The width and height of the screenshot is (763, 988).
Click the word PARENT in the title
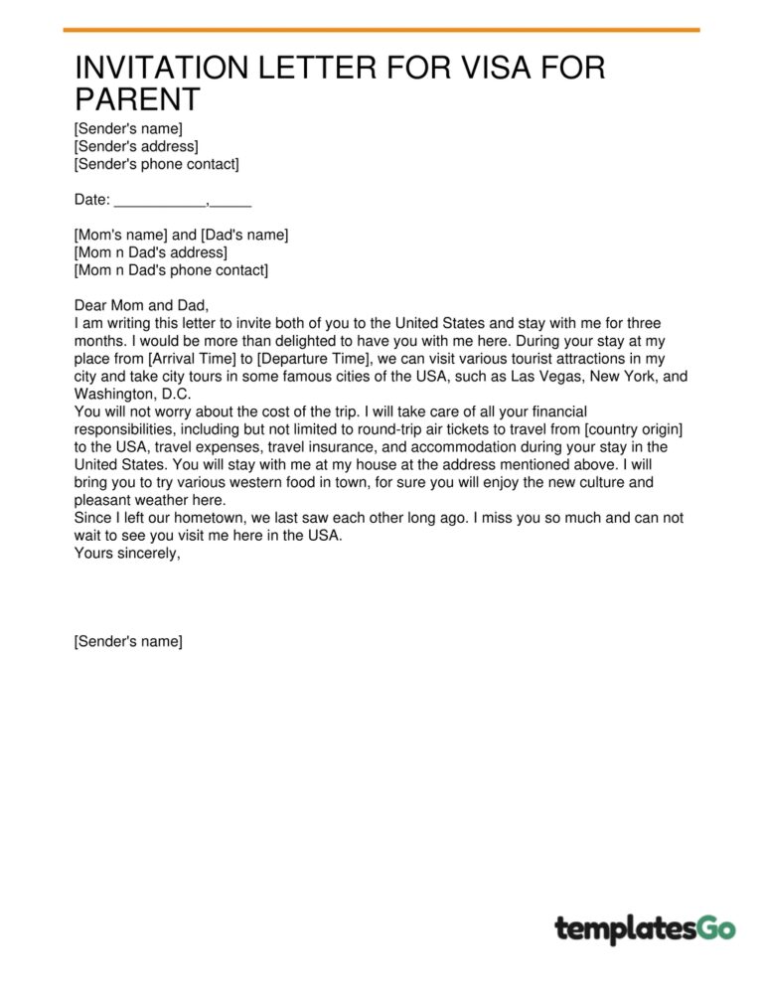pos(137,99)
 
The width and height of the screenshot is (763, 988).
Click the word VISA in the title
pos(461,69)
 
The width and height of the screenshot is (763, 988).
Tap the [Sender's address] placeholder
pos(136,146)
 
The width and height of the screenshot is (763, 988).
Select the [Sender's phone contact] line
pos(156,164)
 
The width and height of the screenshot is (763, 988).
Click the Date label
pos(91,200)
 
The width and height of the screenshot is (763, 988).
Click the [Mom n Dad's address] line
pos(150,252)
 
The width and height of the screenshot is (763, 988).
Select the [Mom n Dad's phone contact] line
pos(171,270)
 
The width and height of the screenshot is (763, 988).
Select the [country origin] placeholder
pos(628,429)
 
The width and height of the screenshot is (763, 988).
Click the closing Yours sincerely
pos(127,555)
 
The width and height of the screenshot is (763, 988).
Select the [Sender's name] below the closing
pos(128,642)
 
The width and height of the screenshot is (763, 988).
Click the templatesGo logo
pos(645,929)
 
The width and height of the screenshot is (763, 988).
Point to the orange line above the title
pos(381,30)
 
